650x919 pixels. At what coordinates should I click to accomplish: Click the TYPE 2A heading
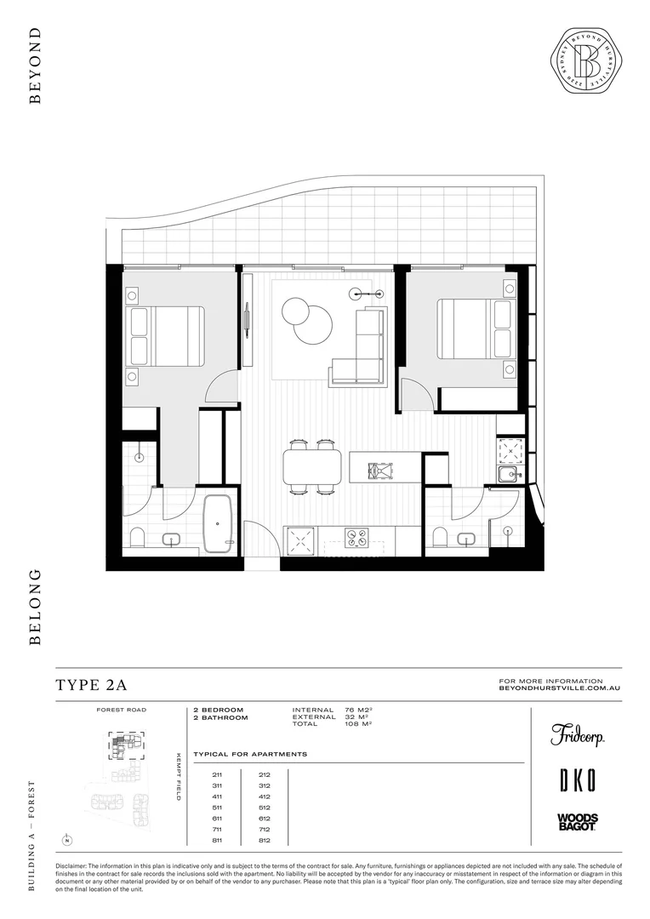tap(91, 685)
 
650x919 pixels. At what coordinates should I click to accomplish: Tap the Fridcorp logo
tap(577, 735)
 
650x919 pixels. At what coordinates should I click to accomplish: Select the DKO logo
tap(577, 779)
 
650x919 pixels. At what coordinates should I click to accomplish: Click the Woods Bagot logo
tap(577, 821)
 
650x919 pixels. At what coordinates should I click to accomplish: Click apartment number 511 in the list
tap(218, 807)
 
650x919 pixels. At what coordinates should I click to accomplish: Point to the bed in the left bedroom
tap(166, 335)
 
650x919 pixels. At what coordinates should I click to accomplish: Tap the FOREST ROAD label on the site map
tap(123, 710)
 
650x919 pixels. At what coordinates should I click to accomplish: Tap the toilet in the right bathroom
tap(441, 537)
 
